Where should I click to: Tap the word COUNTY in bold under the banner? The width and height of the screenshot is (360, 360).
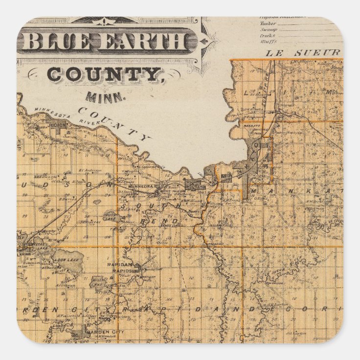tap(105, 74)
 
